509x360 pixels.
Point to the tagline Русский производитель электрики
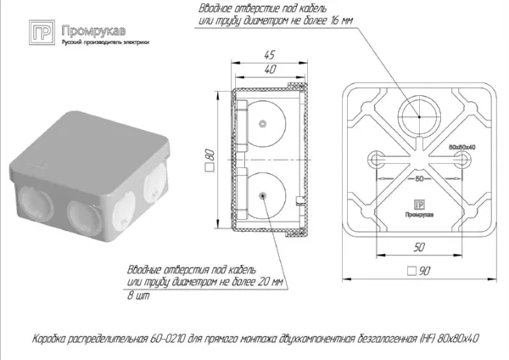pyautogui.click(x=99, y=42)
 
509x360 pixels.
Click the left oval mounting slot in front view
pyautogui.click(x=375, y=160)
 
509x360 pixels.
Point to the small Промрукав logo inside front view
pyautogui.click(x=421, y=205)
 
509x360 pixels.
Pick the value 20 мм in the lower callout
pyautogui.click(x=274, y=280)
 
